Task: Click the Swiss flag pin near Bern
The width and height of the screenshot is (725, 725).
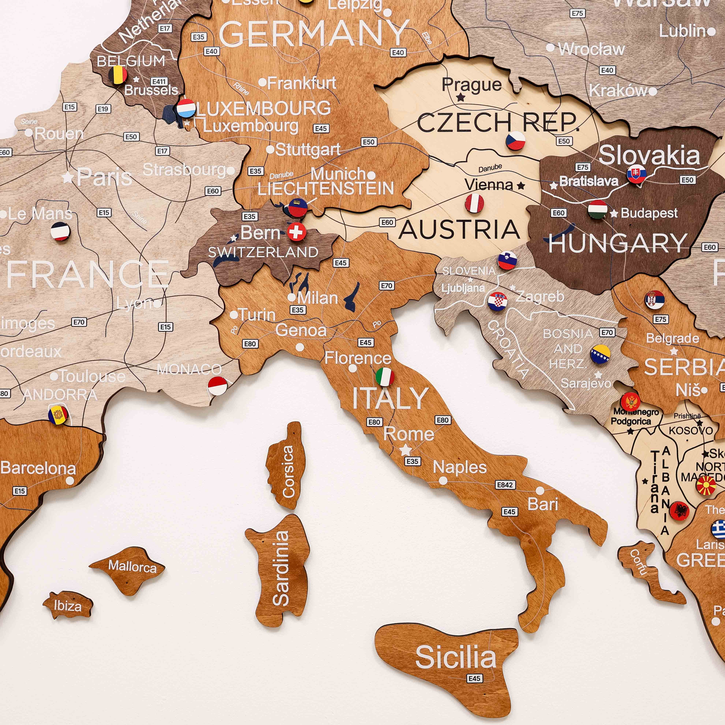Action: coord(296,232)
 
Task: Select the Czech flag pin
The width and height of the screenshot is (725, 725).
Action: coord(515,140)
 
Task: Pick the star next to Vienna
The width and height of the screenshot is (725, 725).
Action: coord(521,185)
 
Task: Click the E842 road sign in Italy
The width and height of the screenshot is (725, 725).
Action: coord(504,485)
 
